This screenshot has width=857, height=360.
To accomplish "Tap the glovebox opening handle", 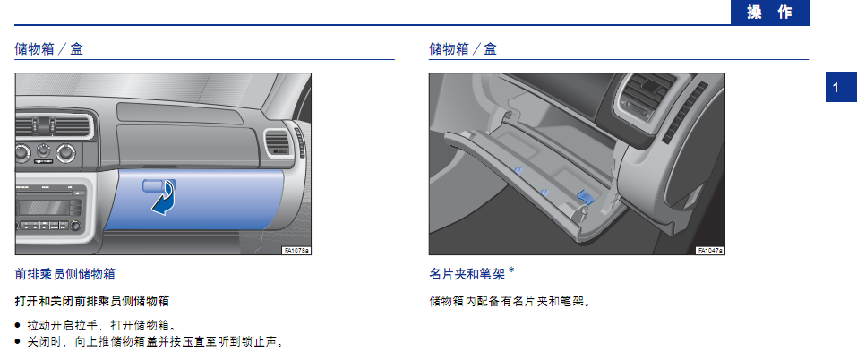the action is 155,185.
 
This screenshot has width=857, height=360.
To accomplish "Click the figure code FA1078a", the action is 296,250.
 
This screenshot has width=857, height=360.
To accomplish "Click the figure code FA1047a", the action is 710,250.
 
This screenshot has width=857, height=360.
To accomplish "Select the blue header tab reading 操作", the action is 769,13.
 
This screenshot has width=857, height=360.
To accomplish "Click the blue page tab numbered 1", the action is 841,88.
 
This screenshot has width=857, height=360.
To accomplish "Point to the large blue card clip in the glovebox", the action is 586,196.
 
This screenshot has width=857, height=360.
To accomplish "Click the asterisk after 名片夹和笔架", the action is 511,270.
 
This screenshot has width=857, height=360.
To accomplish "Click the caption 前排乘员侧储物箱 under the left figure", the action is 65,274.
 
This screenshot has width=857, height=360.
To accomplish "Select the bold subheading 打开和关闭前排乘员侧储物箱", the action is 92,301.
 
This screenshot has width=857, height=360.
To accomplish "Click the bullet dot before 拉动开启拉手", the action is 18,326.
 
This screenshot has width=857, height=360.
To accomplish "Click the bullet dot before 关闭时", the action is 18,342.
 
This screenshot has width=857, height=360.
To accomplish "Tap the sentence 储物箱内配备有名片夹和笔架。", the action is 510,301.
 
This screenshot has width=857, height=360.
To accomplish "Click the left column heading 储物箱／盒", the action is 49,49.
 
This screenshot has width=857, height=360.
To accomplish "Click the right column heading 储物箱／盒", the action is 464,49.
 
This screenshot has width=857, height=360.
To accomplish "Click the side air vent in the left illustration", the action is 279,142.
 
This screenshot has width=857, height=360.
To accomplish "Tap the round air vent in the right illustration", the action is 640,100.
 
